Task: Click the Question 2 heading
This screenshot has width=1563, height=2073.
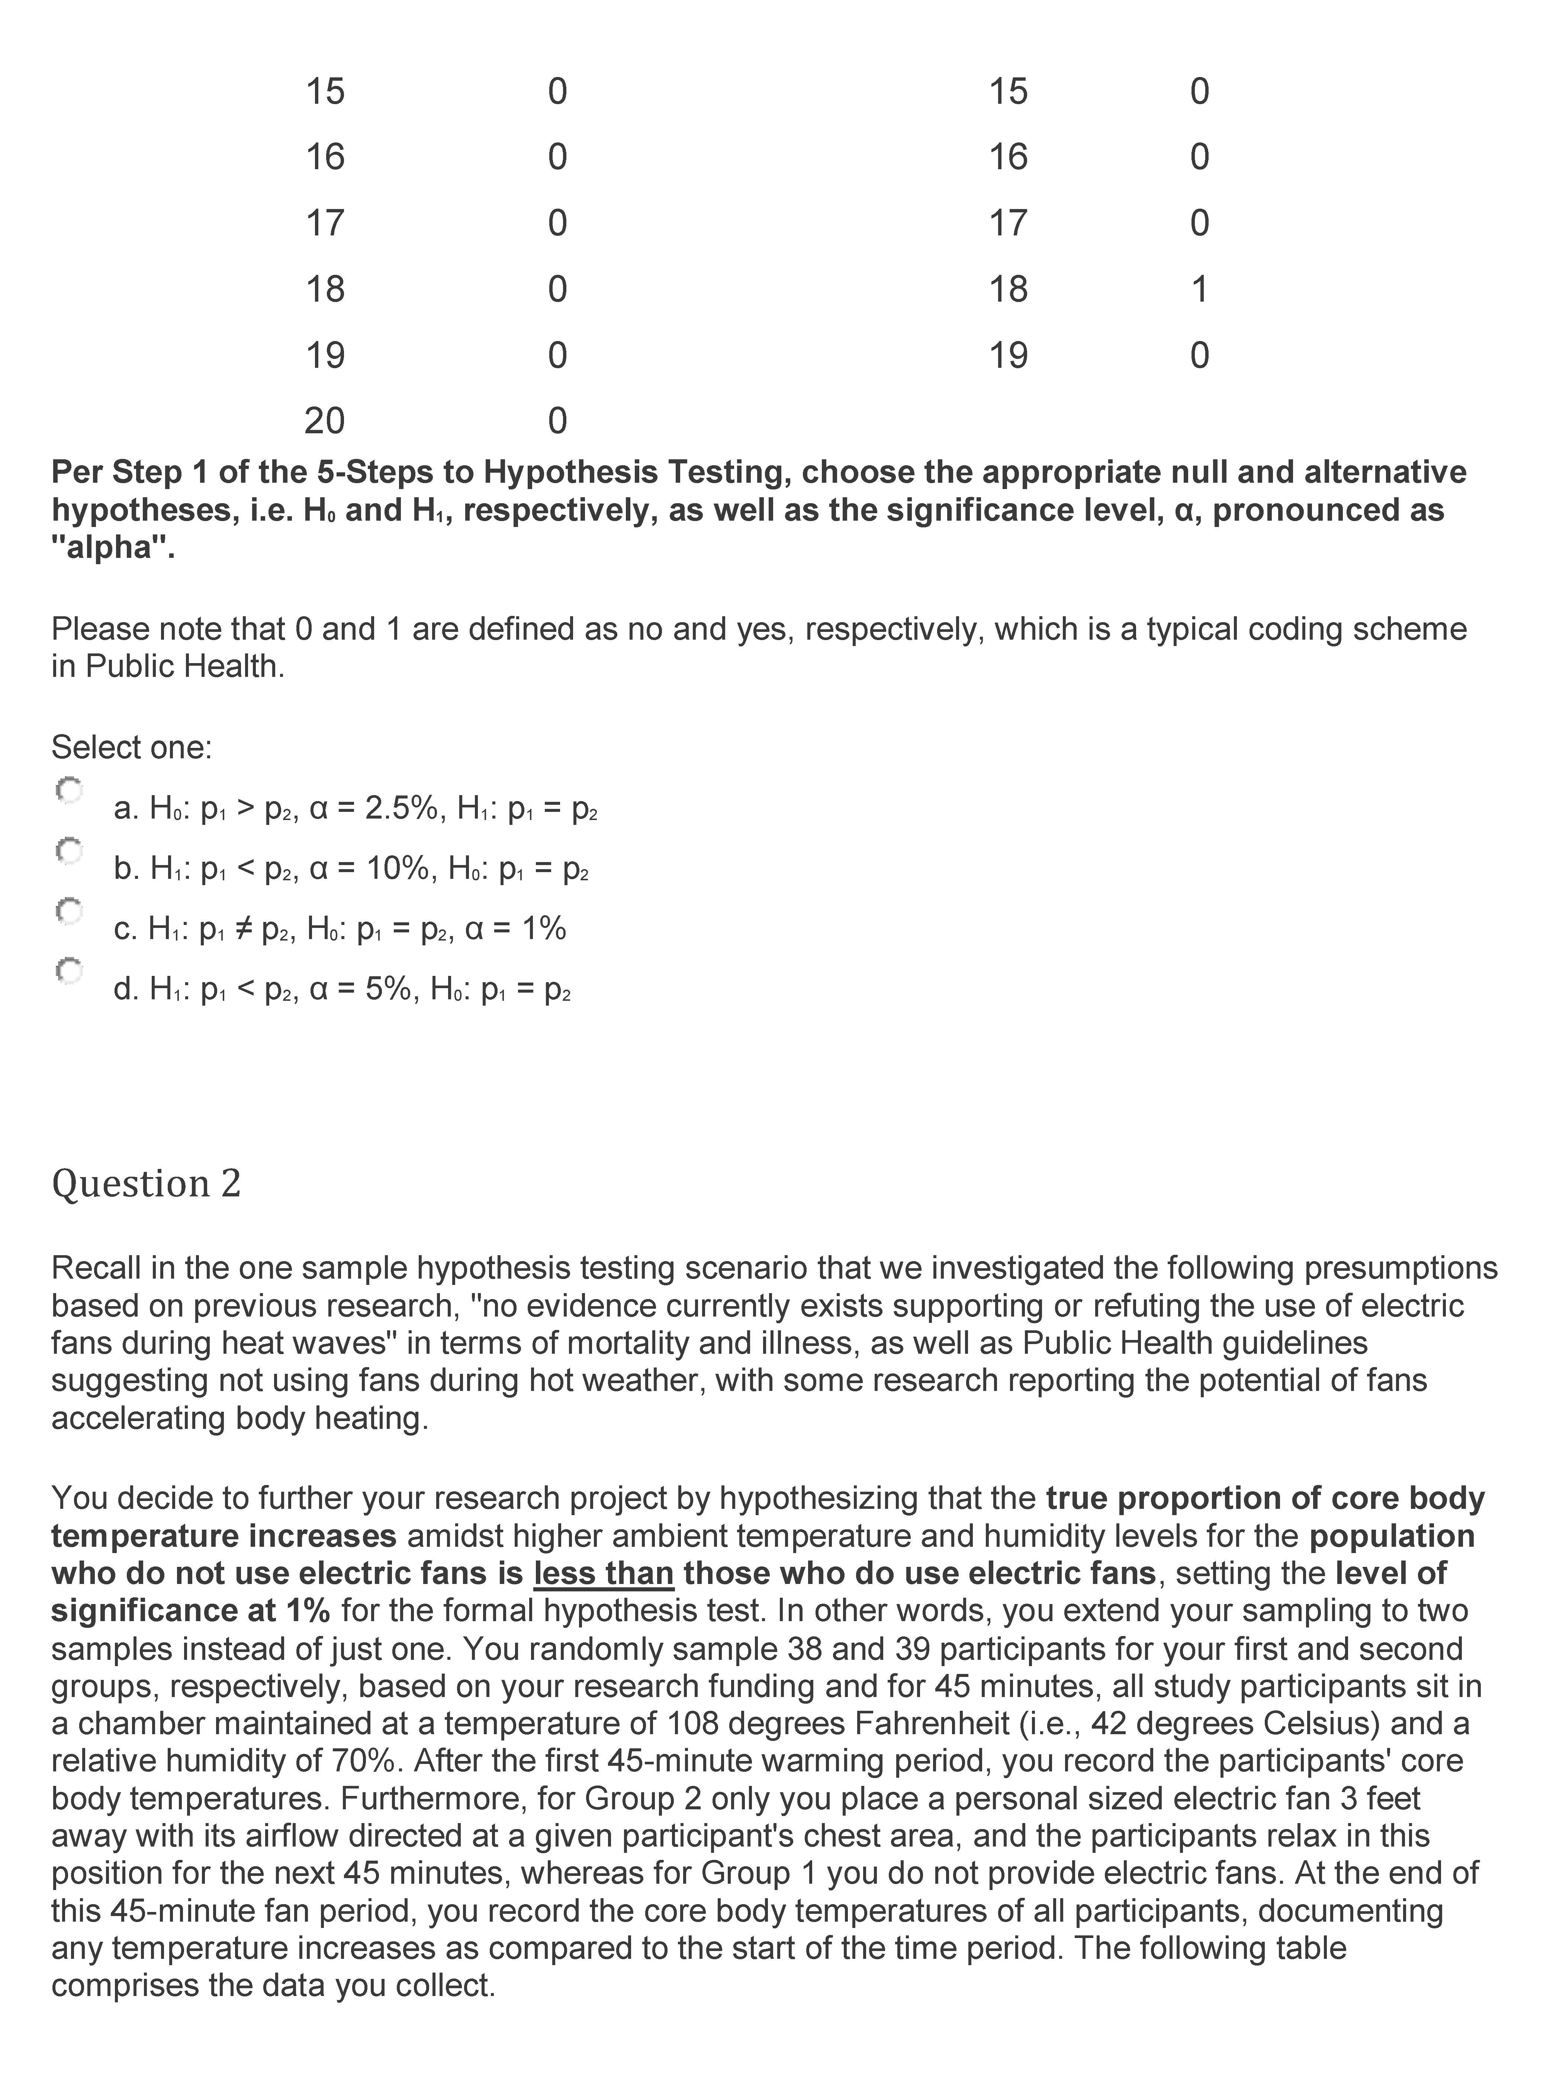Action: pos(146,1184)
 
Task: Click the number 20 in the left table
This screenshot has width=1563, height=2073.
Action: pos(324,421)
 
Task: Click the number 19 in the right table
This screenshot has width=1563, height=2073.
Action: pos(1008,355)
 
